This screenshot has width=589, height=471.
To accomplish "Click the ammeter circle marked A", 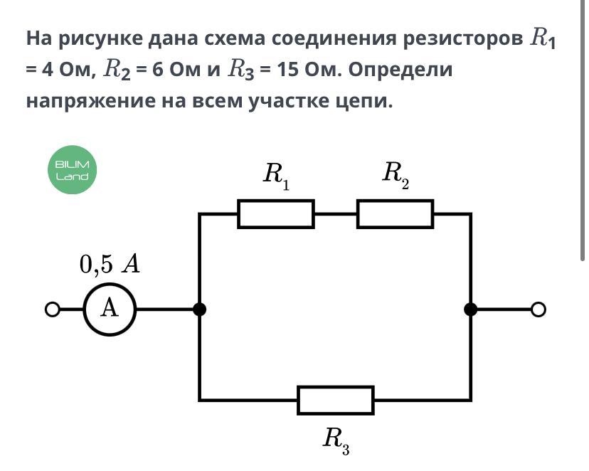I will (110, 309).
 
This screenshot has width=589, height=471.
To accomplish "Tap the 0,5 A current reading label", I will (110, 264).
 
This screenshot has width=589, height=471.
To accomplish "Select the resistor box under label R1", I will (276, 214).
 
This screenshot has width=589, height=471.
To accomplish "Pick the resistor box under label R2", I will (395, 214).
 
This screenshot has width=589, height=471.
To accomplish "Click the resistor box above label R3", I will (336, 400).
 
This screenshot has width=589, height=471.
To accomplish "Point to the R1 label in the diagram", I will (276, 175).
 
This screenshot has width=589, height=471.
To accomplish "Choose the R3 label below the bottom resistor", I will (336, 439).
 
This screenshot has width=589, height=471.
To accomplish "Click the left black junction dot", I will (200, 309).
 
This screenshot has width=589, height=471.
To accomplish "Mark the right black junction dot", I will (470, 309).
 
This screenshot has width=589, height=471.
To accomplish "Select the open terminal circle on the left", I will (51, 309).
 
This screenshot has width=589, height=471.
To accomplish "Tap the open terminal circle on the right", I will (538, 309).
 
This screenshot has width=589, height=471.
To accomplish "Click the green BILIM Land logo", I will (72, 171).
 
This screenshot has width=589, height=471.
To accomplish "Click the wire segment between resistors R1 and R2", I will (335, 213).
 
